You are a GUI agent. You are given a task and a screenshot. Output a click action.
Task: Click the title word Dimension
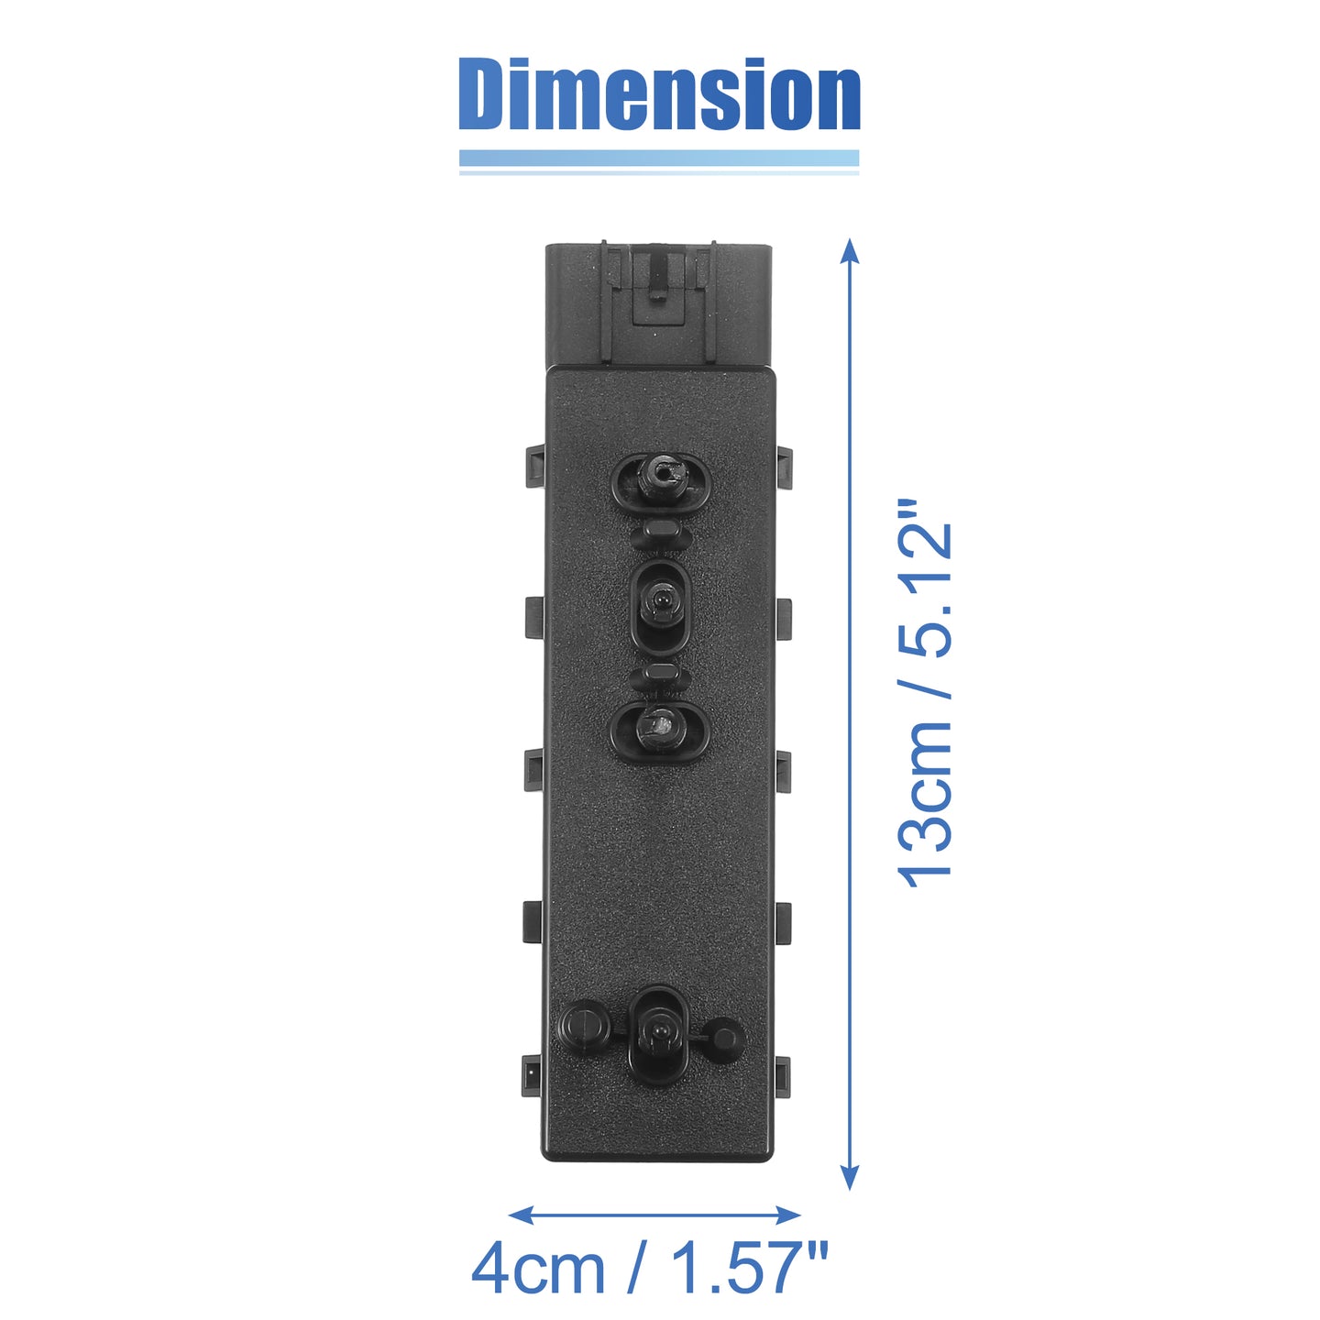pyautogui.click(x=659, y=93)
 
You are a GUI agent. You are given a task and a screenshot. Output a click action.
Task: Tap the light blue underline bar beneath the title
pyautogui.click(x=659, y=159)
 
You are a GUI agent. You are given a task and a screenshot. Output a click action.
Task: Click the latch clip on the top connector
pyautogui.click(x=658, y=285)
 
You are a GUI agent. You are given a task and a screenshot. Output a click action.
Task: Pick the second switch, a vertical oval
pyautogui.click(x=660, y=607)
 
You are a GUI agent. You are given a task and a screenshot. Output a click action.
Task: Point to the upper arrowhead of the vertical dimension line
pyautogui.click(x=850, y=251)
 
